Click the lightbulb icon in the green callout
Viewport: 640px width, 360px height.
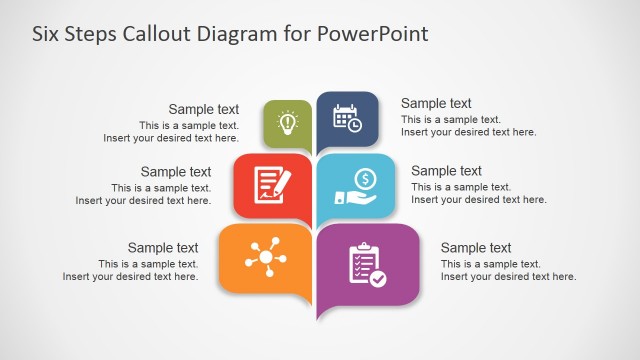click(x=288, y=122)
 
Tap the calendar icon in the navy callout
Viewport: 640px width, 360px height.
click(x=347, y=117)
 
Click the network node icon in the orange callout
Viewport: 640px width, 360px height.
click(x=266, y=257)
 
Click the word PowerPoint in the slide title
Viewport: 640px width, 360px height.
click(x=372, y=34)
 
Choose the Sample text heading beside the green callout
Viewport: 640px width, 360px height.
click(x=204, y=110)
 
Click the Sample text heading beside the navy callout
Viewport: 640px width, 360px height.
click(x=436, y=103)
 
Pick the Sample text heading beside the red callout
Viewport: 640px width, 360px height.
click(x=176, y=171)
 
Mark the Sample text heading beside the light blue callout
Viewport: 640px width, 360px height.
click(x=446, y=171)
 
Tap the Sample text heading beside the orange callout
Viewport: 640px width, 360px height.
click(x=163, y=248)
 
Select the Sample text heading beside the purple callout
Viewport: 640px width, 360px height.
click(x=476, y=248)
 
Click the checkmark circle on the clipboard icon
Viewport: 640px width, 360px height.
click(x=377, y=280)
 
